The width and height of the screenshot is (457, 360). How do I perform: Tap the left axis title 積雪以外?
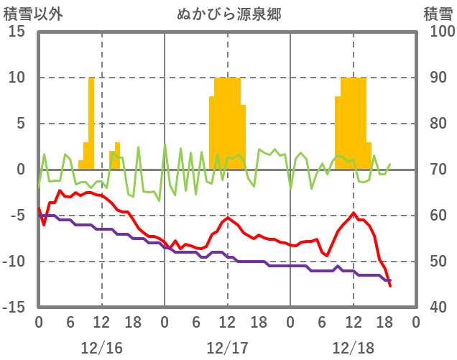click(x=29, y=14)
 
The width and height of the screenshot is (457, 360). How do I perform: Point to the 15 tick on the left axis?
click(x=17, y=32)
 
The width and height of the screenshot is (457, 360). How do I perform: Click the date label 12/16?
click(x=101, y=348)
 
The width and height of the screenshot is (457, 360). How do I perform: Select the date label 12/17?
click(x=227, y=348)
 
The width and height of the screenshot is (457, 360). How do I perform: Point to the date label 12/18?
click(x=353, y=348)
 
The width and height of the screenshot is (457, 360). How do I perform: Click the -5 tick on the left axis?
click(x=17, y=216)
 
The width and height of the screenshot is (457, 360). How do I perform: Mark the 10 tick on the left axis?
click(x=17, y=78)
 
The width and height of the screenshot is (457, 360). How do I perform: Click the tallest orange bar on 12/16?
click(x=91, y=122)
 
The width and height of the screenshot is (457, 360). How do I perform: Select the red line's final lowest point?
click(x=390, y=286)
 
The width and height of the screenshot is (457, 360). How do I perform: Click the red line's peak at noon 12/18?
click(x=354, y=213)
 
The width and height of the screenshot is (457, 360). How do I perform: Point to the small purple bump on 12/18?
click(x=338, y=267)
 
